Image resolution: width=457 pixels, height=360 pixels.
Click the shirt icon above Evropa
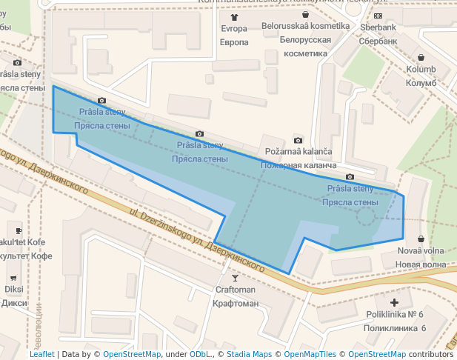(x=235, y=16)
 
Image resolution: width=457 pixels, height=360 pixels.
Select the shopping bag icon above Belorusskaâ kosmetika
(x=305, y=14)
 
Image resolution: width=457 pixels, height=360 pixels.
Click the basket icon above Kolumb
(x=421, y=58)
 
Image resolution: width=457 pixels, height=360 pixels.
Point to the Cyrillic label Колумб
(x=421, y=82)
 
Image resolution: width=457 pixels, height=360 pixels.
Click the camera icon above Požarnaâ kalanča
(x=298, y=140)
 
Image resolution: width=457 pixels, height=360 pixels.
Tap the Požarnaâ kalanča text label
(x=298, y=152)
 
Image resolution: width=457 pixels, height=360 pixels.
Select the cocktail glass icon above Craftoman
(x=235, y=278)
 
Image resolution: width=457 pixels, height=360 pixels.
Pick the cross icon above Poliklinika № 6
(x=395, y=302)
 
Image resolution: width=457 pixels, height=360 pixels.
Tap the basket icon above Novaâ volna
(x=421, y=239)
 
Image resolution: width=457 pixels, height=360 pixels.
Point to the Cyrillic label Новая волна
(x=421, y=264)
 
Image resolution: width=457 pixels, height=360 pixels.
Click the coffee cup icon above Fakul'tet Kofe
(x=19, y=230)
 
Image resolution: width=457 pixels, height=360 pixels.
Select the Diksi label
(x=14, y=290)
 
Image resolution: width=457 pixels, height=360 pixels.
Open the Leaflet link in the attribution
(x=41, y=354)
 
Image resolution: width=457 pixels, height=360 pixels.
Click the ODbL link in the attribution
(x=200, y=354)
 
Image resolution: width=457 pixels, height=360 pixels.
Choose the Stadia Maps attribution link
(x=248, y=354)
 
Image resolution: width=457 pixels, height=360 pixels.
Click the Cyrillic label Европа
(x=234, y=41)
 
